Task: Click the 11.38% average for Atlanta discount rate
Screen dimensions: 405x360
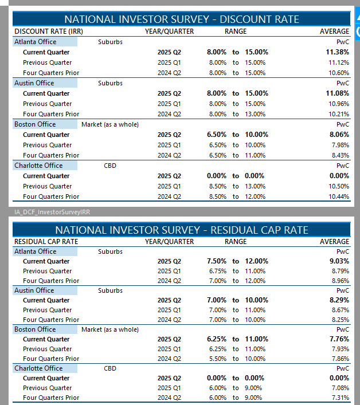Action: point(338,52)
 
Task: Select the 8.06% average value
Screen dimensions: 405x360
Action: point(339,135)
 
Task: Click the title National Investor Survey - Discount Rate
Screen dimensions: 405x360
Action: point(181,19)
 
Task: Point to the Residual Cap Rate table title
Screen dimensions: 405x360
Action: point(181,230)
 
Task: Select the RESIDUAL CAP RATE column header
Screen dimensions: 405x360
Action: point(46,242)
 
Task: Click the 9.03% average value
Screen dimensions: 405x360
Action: point(339,261)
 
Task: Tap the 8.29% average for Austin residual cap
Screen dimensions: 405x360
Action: point(339,300)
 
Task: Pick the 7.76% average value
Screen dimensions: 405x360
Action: point(339,339)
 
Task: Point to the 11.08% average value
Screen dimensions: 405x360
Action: point(338,93)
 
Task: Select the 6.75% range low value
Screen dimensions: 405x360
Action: point(217,271)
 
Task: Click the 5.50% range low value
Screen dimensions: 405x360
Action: point(217,359)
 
